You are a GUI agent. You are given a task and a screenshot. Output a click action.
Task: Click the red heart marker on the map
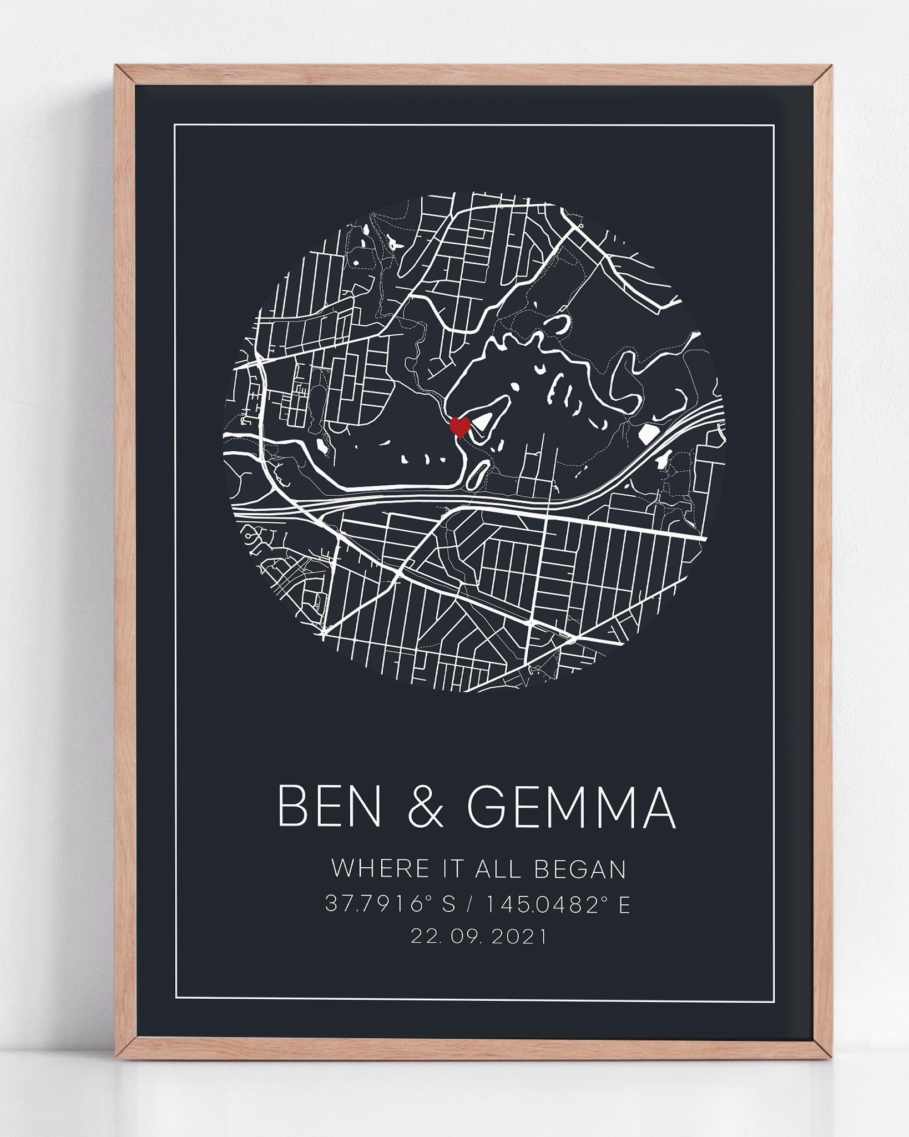point(459,426)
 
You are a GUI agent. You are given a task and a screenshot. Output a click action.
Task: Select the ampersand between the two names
point(426,807)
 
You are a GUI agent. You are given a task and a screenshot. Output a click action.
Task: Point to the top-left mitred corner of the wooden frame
point(125,76)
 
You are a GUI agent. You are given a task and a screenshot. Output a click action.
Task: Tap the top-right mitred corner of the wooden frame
point(822,76)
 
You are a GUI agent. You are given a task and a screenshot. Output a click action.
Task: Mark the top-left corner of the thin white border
point(175,125)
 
